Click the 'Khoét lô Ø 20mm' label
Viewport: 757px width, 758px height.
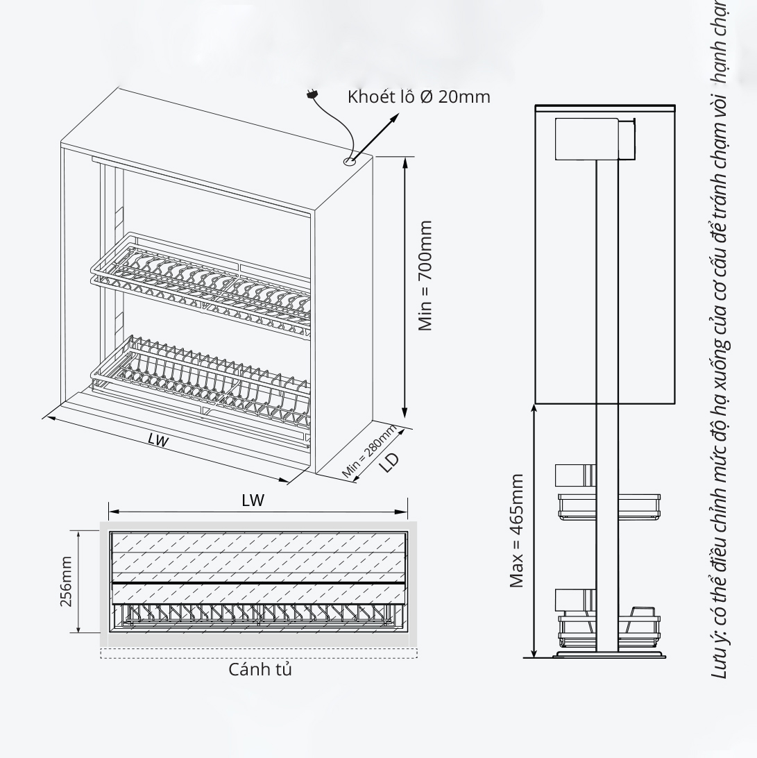[418, 96]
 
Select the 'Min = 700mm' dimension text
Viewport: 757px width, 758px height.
[425, 276]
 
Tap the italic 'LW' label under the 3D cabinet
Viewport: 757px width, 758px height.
[158, 441]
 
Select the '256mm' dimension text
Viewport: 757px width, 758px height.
[66, 581]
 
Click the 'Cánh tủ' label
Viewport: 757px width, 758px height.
[260, 670]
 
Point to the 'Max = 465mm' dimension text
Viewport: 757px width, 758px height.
[516, 531]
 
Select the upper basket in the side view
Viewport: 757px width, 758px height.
[608, 505]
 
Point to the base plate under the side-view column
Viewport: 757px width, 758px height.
[608, 654]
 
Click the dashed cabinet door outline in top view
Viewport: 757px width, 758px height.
[259, 653]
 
